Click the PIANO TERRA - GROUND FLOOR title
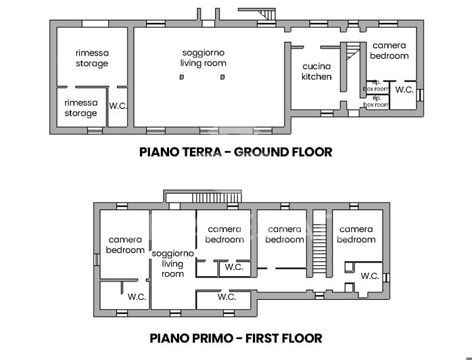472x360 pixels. coord(235,152)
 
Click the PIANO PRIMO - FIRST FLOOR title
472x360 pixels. coord(235,338)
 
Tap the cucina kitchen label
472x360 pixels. coord(316,72)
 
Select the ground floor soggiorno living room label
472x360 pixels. coord(203,58)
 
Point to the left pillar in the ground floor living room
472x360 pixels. coord(181,77)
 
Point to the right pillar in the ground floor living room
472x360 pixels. coord(222,77)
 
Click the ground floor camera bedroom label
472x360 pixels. coord(390,51)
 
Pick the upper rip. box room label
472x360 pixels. coord(377,86)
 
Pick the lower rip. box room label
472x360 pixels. coord(377,102)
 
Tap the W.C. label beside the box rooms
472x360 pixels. coord(404,90)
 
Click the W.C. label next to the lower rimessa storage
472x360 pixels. coord(118,106)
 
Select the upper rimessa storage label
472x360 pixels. coord(92,58)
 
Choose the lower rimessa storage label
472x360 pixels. coord(81,108)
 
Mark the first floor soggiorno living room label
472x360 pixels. coord(173,263)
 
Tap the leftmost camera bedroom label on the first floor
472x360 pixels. coord(126,245)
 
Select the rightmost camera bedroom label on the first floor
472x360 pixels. coord(356,234)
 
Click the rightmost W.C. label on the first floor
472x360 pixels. coord(369,276)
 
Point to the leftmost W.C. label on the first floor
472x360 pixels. coord(137,296)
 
